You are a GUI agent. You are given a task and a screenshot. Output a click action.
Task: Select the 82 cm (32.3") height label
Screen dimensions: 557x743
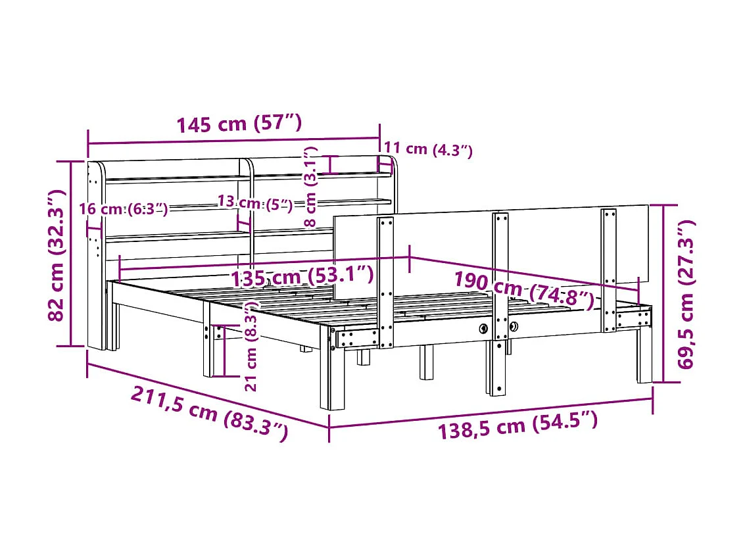[x=57, y=254]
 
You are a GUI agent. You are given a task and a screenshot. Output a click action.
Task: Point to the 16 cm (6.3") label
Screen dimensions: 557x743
[x=123, y=209]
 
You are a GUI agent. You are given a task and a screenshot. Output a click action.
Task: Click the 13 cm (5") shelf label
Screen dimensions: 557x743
[x=254, y=203]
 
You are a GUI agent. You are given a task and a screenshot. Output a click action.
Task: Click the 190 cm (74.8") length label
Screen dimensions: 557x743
[x=523, y=290]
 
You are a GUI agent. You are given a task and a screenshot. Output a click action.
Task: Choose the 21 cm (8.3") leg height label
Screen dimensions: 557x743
[x=251, y=347]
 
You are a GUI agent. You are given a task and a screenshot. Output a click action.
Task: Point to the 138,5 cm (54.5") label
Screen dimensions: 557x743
[x=518, y=425]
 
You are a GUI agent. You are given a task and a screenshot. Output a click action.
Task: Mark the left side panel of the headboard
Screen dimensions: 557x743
[x=95, y=256]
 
